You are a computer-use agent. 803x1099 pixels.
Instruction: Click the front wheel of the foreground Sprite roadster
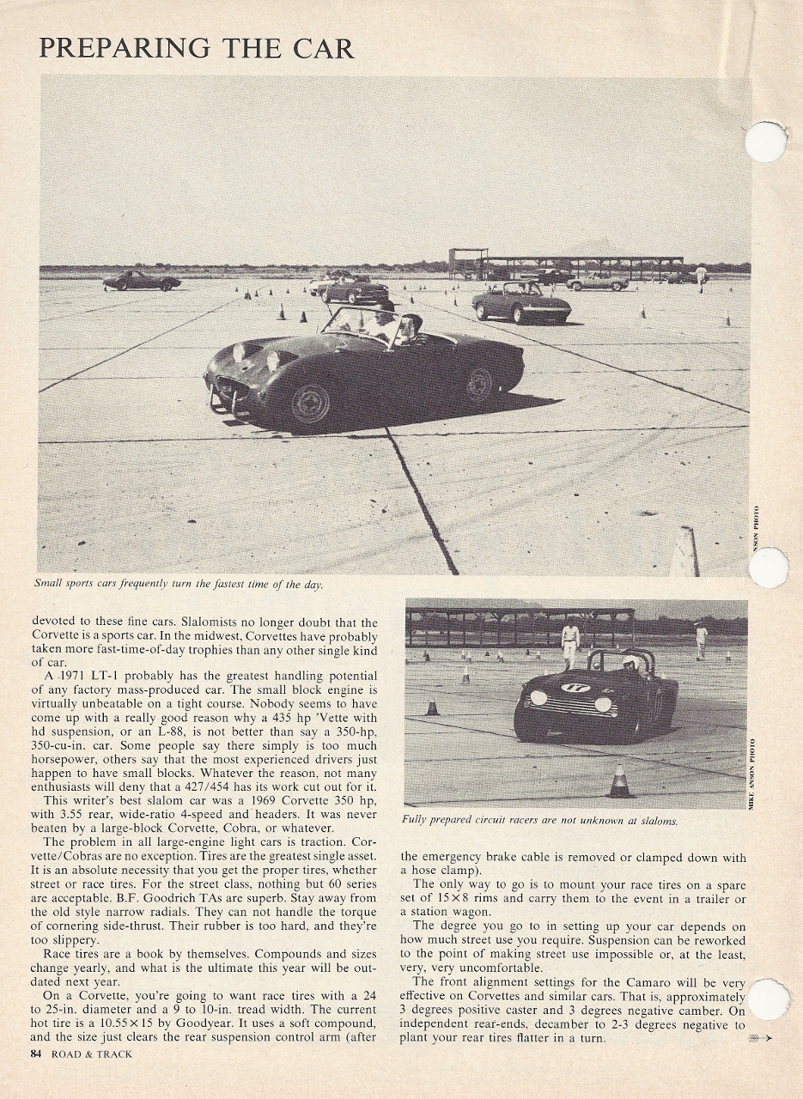(x=310, y=404)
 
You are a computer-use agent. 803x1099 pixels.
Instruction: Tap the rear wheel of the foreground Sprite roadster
(x=478, y=384)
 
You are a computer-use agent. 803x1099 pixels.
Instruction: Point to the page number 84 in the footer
(x=36, y=1053)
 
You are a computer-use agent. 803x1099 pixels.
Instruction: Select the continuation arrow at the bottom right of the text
(x=760, y=1039)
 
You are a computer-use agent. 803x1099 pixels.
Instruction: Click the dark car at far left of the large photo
(x=141, y=281)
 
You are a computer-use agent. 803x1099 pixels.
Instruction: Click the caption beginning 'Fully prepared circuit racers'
(x=539, y=821)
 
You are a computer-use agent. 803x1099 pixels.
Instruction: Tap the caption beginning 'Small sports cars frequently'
(x=178, y=585)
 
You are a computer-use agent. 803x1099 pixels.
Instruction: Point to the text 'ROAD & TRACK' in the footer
(x=91, y=1053)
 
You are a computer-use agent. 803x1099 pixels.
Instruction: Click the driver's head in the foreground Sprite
(x=413, y=325)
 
